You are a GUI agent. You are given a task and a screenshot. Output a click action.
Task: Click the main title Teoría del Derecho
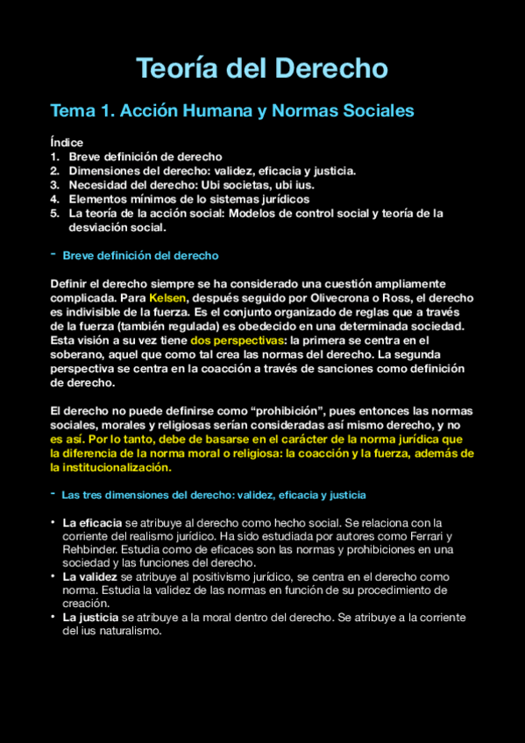click(x=262, y=67)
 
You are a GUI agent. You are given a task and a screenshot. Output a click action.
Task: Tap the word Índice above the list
click(x=67, y=142)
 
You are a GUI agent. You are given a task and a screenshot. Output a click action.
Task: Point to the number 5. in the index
click(x=54, y=213)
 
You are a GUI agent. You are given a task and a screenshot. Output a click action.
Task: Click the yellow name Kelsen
click(x=168, y=298)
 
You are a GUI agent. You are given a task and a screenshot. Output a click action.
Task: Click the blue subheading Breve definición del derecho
click(x=140, y=256)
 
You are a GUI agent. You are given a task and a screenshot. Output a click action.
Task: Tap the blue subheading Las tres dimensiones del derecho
click(x=214, y=495)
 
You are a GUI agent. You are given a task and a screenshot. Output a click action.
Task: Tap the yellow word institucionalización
click(x=110, y=467)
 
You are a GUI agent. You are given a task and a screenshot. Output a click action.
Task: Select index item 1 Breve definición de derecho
click(x=145, y=156)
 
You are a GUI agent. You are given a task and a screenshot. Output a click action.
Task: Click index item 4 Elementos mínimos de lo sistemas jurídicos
click(x=188, y=199)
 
